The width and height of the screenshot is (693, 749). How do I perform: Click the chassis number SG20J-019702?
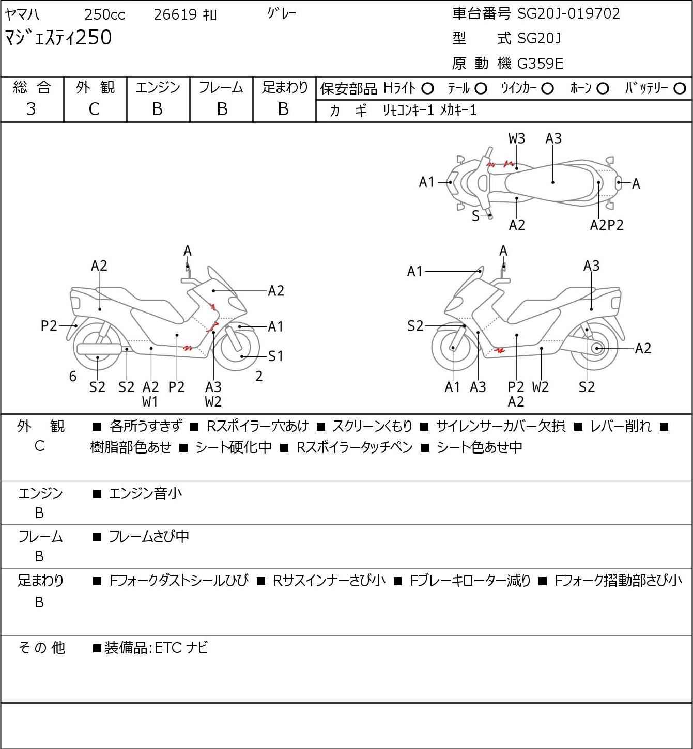click(x=568, y=13)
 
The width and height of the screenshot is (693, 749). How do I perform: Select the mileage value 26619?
click(x=175, y=15)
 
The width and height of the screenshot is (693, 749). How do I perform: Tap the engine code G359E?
click(x=540, y=64)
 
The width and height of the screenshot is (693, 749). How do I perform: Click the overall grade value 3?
click(x=31, y=109)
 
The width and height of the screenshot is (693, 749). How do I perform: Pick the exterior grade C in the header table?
click(x=95, y=109)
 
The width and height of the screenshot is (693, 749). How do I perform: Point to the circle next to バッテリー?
click(x=680, y=89)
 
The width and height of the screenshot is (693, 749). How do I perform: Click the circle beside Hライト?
click(x=427, y=89)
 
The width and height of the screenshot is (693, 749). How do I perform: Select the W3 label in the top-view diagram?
click(x=517, y=138)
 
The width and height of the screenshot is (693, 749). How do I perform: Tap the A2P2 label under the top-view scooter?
click(x=607, y=225)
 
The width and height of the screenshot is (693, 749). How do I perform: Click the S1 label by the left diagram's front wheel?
click(x=275, y=356)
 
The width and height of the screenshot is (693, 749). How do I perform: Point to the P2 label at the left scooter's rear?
click(x=49, y=326)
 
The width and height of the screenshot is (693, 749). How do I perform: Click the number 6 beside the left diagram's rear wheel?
click(x=73, y=377)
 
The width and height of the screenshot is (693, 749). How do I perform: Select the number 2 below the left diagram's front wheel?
click(x=259, y=377)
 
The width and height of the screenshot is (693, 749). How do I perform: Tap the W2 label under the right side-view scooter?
click(x=540, y=387)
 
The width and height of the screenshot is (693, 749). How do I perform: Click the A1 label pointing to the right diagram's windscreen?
click(x=415, y=271)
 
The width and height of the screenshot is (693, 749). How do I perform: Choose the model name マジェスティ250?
click(x=58, y=38)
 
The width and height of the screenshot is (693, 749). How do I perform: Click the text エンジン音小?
click(x=145, y=493)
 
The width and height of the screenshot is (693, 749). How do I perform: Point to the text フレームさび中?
click(x=149, y=537)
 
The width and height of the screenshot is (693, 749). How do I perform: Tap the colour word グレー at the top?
click(x=282, y=14)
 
